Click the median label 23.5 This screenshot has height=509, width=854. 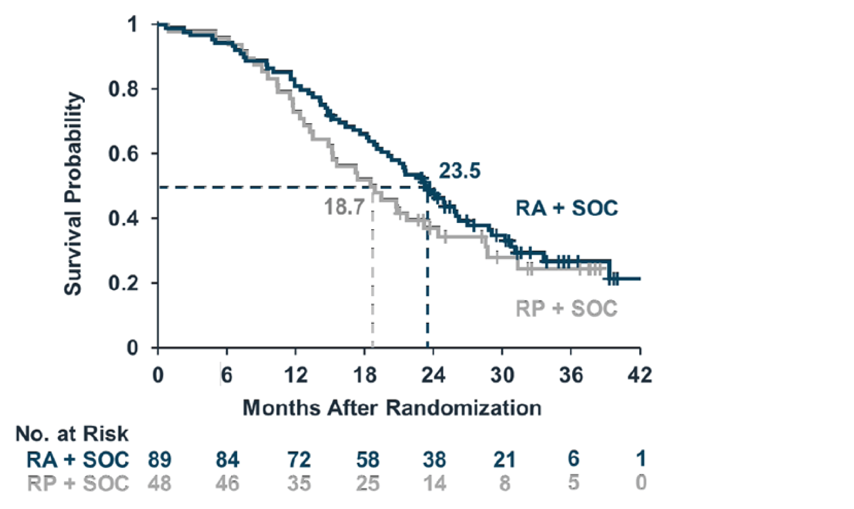[x=459, y=171]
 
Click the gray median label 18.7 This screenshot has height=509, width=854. [x=344, y=207]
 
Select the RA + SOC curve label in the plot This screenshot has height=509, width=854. [x=566, y=209]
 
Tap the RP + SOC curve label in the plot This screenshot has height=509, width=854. [x=566, y=308]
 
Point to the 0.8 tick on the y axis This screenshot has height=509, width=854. [x=123, y=89]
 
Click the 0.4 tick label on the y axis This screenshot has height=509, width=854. [x=123, y=219]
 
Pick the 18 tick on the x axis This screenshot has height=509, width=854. [x=364, y=375]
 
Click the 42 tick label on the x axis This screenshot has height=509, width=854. [x=640, y=375]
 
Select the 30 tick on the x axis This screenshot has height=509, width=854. [x=502, y=375]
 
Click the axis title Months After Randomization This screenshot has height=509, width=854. [x=392, y=408]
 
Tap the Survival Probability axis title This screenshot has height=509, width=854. [x=73, y=193]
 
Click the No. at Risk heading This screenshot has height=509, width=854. [x=71, y=434]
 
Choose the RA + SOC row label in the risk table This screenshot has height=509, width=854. [x=78, y=460]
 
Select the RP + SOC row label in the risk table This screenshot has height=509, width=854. [x=78, y=483]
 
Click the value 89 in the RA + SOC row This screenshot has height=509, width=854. [x=160, y=460]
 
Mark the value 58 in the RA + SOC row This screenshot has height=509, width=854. [x=368, y=460]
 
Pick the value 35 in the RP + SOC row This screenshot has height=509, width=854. [x=299, y=483]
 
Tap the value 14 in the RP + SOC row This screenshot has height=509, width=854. [x=434, y=483]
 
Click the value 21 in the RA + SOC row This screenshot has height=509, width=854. [x=504, y=460]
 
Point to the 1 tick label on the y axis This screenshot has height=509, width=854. [x=132, y=25]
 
